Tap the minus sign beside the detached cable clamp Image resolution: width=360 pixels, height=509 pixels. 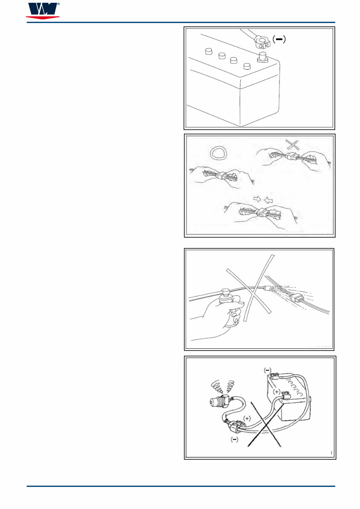tap(279, 39)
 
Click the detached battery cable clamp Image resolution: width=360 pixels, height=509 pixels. tap(262, 42)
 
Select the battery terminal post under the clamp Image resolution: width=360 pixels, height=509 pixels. tap(263, 57)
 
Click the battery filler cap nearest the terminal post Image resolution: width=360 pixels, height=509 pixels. tap(247, 66)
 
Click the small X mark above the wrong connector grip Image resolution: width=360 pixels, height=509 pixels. tap(292, 144)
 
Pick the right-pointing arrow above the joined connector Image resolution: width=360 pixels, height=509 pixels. tap(257, 199)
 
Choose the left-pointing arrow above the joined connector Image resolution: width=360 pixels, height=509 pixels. tap(269, 200)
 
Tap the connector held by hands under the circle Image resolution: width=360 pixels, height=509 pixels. tap(221, 176)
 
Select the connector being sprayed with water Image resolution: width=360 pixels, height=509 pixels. tap(297, 298)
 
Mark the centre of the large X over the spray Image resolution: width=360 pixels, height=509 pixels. tap(255, 292)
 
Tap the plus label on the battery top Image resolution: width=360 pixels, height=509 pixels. tap(276, 392)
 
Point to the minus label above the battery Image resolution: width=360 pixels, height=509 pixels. tap(267, 370)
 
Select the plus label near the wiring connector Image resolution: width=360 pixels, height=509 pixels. tap(247, 418)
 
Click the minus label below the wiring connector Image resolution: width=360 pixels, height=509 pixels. tap(234, 440)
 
